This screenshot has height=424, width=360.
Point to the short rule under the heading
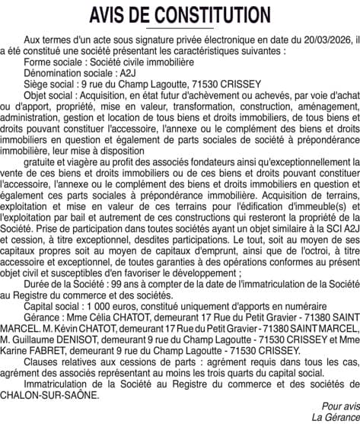point(180,28)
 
